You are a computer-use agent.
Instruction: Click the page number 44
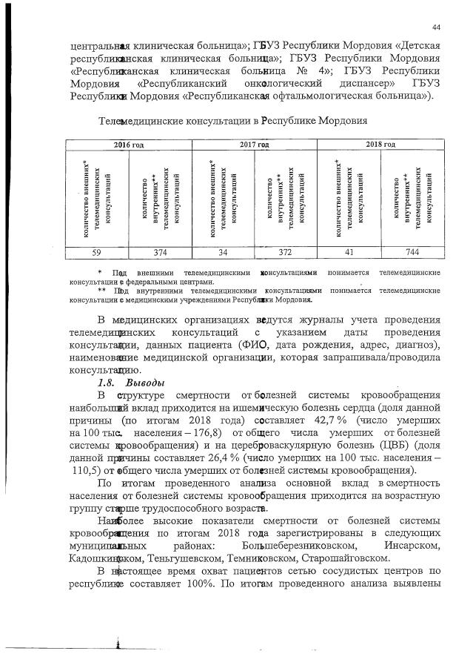(437, 27)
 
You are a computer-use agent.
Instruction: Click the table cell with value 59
(96, 252)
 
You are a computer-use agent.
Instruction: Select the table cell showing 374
(160, 252)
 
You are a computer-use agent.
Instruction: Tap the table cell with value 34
(222, 252)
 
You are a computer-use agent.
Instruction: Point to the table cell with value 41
(348, 252)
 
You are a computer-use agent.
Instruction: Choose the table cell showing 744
(411, 252)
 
